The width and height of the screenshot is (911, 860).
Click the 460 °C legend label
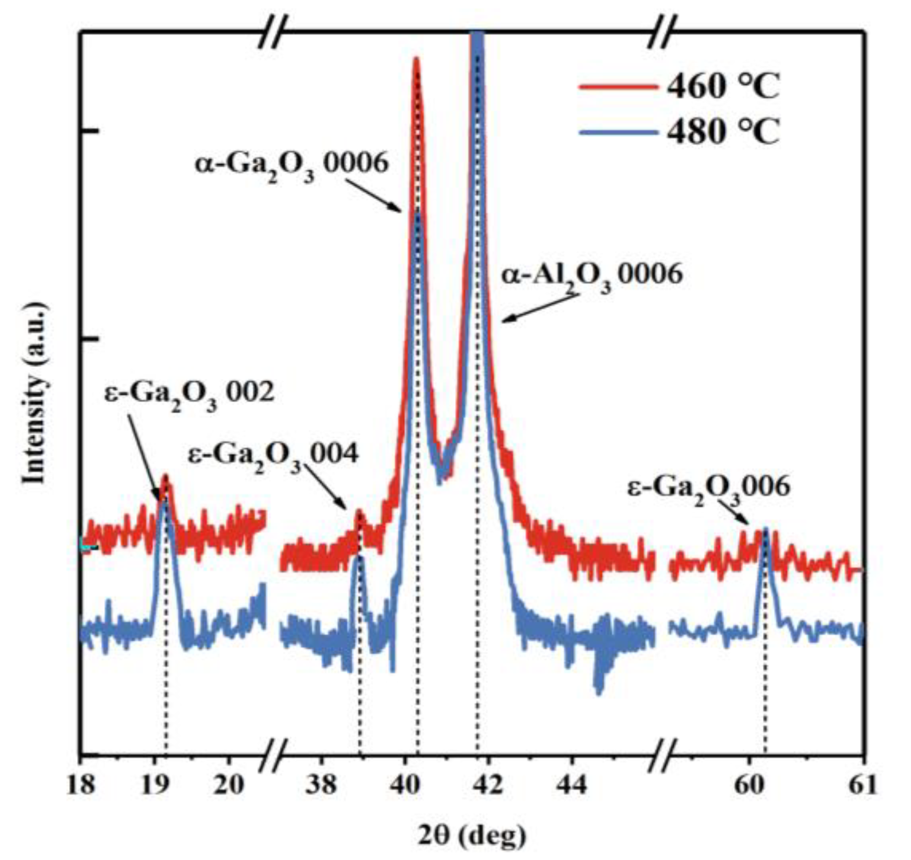click(723, 86)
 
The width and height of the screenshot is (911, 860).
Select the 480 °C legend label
click(723, 131)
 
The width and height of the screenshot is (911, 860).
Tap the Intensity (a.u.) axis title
click(35, 394)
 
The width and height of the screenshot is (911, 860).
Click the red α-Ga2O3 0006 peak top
click(416, 59)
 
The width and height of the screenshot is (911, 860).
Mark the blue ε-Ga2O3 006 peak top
click(765, 530)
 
